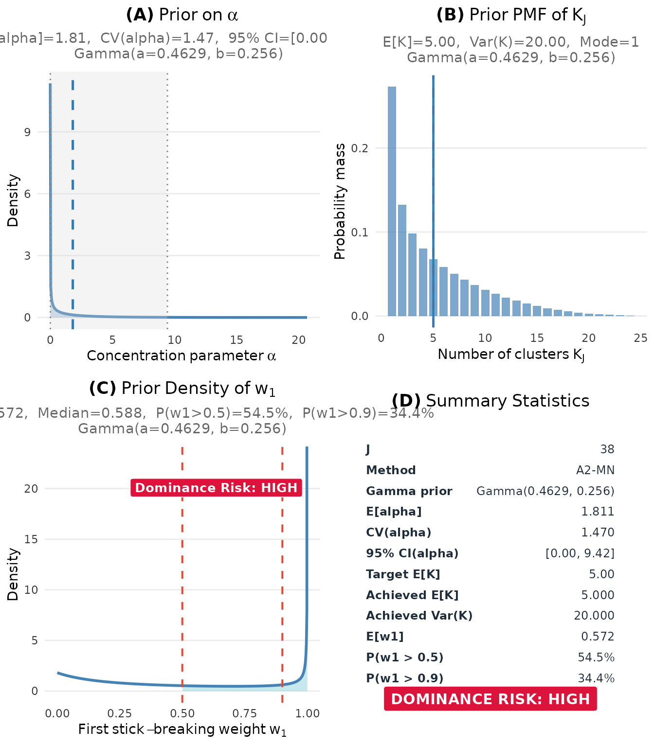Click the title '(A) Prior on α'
[x=182, y=15]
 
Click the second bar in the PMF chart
[x=402, y=260]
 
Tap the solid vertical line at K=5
[x=433, y=146]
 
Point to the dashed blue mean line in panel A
[x=73, y=195]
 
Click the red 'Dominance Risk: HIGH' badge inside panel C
[x=216, y=488]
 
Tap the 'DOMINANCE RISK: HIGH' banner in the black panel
[x=490, y=699]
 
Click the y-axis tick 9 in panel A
[x=27, y=132]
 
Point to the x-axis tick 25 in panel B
[x=640, y=338]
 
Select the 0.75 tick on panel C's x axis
[x=244, y=713]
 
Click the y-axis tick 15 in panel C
[x=31, y=539]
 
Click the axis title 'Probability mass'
[x=340, y=201]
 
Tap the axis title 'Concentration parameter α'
[x=181, y=356]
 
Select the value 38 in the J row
[x=607, y=449]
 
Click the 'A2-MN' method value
[x=595, y=470]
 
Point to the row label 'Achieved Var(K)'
[x=419, y=616]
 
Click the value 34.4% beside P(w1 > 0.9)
[x=596, y=678]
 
